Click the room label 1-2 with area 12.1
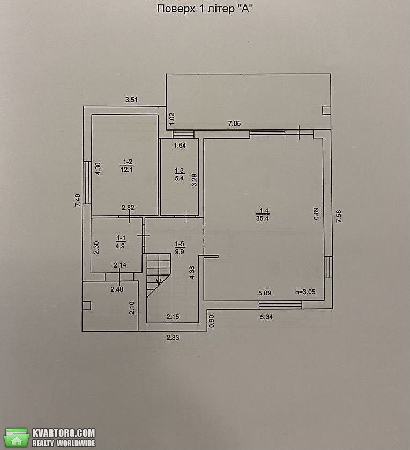pyautogui.click(x=126, y=166)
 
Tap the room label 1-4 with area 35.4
pyautogui.click(x=262, y=215)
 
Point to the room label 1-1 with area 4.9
pyautogui.click(x=120, y=242)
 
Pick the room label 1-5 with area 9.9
pyautogui.click(x=180, y=248)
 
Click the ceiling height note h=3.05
pyautogui.click(x=305, y=292)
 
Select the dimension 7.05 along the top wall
pyautogui.click(x=234, y=124)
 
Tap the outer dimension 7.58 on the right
pyautogui.click(x=339, y=216)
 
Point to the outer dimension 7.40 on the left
pyautogui.click(x=78, y=200)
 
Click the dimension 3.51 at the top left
pyautogui.click(x=131, y=100)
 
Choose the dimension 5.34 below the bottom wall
pyautogui.click(x=266, y=317)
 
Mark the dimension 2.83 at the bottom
pyautogui.click(x=173, y=338)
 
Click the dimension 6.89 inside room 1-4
pyautogui.click(x=316, y=213)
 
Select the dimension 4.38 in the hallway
pyautogui.click(x=192, y=272)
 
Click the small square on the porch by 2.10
pyautogui.click(x=86, y=306)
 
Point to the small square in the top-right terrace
pyautogui.click(x=326, y=110)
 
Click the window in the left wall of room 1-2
pyautogui.click(x=86, y=182)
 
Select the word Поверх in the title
pyautogui.click(x=175, y=9)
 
